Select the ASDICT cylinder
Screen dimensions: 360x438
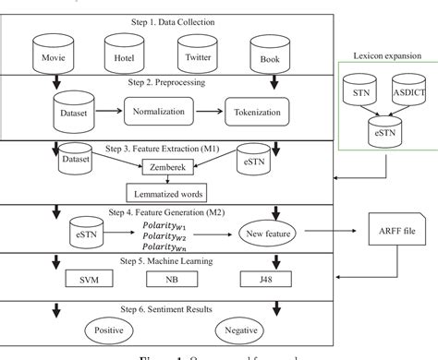408,92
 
